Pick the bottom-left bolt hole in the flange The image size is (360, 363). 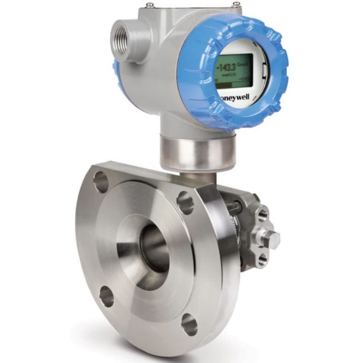click(106, 296)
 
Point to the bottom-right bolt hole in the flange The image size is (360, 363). click(189, 324)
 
